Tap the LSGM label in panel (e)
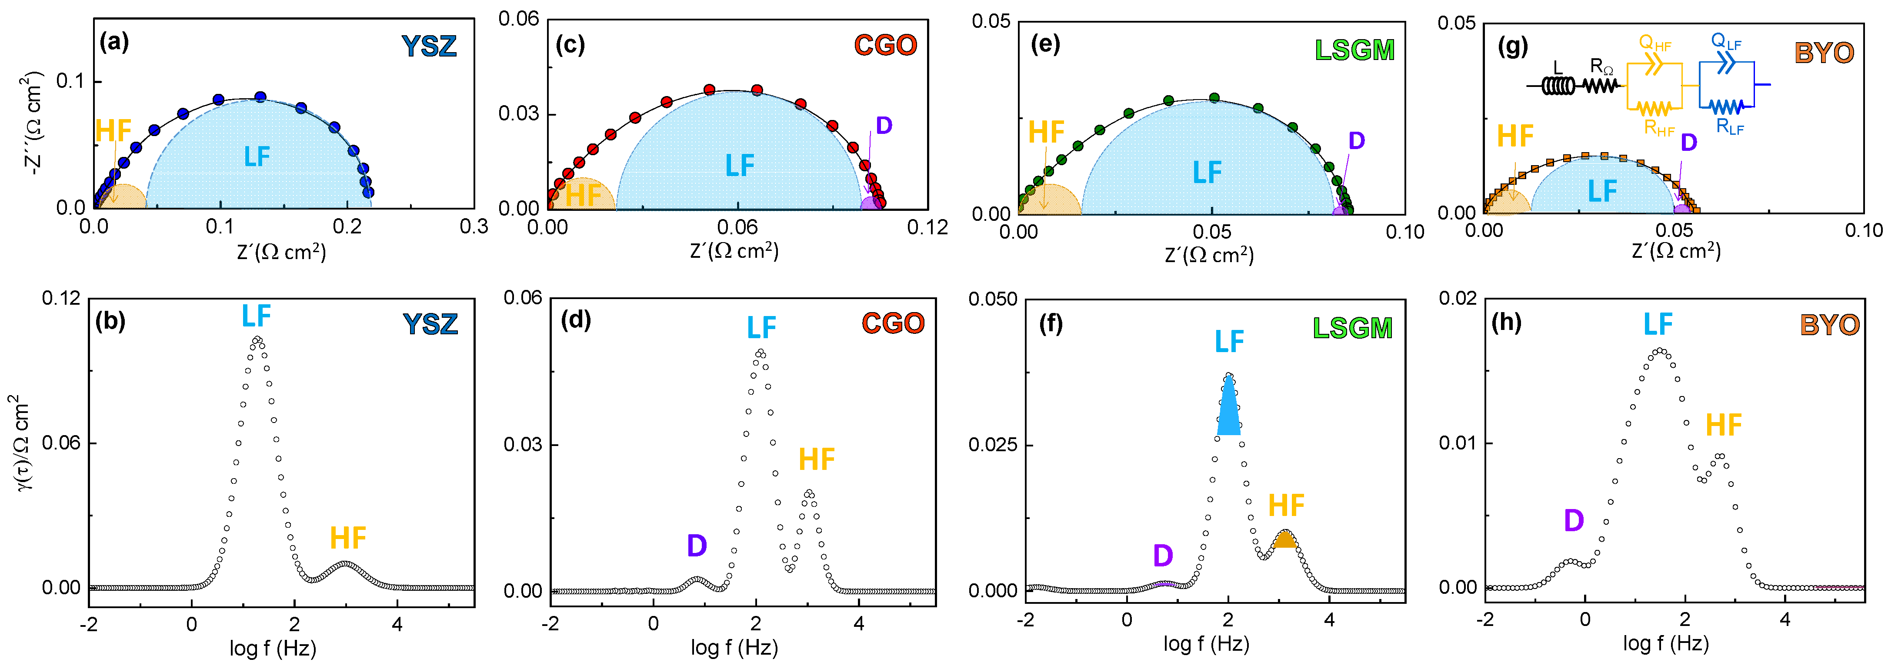tap(1354, 50)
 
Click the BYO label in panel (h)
tap(1829, 325)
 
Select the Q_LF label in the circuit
tap(1726, 42)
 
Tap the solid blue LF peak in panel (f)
tap(1228, 410)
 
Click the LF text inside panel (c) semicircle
tap(740, 166)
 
